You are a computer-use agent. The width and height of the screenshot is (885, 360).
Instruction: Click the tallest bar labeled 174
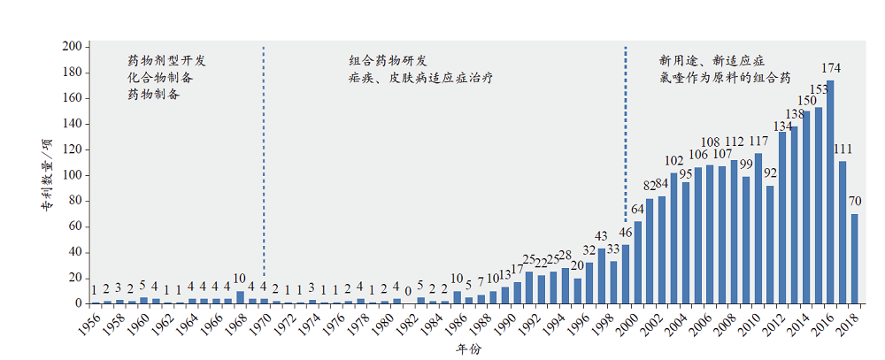point(830,192)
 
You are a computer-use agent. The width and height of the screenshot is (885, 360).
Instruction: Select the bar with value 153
point(818,205)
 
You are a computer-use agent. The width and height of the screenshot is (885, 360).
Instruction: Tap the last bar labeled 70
point(854,258)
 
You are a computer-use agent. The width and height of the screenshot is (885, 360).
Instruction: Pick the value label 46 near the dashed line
point(625,234)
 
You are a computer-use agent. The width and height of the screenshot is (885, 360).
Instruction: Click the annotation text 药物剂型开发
point(166,61)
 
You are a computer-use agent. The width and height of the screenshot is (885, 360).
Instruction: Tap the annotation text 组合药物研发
point(389,61)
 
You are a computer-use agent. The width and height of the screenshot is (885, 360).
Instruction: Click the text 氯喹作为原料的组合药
point(725,78)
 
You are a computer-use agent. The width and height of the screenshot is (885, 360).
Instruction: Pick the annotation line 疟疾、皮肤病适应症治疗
point(420,78)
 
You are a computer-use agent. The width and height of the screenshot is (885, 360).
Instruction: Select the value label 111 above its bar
point(843,149)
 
